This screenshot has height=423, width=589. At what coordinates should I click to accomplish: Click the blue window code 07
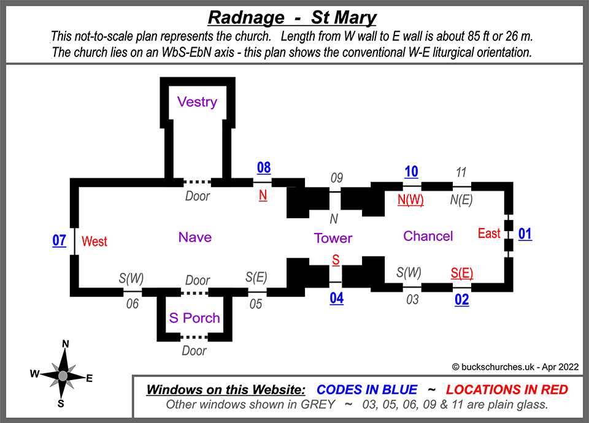(x=59, y=240)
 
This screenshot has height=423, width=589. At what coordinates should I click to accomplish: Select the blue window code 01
(x=525, y=234)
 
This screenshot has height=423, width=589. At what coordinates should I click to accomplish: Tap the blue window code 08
(x=264, y=168)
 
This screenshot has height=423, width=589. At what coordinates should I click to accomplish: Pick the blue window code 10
(x=411, y=172)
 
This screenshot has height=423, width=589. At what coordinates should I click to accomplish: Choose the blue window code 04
(x=336, y=299)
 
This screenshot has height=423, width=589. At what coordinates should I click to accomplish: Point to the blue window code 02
(x=461, y=300)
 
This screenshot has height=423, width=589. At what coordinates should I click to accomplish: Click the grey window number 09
(x=336, y=178)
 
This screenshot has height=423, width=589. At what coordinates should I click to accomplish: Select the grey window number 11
(x=461, y=172)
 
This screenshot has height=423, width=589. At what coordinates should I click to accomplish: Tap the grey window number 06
(x=133, y=303)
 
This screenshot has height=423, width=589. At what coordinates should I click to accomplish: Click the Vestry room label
(x=197, y=102)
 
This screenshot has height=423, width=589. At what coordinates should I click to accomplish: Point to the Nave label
(x=195, y=237)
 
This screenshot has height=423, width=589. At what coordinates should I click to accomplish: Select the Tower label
(x=333, y=238)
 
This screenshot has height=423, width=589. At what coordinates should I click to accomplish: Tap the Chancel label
(x=428, y=236)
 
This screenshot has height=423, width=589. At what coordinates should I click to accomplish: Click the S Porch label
(x=194, y=318)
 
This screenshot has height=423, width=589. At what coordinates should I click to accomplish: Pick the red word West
(x=94, y=242)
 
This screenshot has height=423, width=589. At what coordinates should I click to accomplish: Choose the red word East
(x=489, y=234)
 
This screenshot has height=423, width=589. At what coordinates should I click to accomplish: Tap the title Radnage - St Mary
(x=292, y=17)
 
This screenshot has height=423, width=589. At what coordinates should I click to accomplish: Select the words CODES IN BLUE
(x=367, y=389)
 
